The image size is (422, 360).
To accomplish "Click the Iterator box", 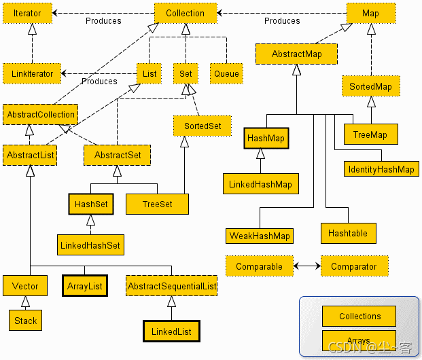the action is pos(27,13).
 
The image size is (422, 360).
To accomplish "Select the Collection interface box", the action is pos(186,13).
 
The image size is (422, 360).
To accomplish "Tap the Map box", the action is pos(371,13).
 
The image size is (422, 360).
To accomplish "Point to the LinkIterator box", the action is pos(32,74).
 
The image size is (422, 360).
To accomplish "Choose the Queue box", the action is pos(226,74).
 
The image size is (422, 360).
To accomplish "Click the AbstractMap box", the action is pos(296,54).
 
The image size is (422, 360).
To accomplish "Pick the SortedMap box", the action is pos(371,86).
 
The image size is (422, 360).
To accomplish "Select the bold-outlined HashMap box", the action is pos(266,139).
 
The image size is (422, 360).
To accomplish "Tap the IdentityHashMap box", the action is pos(381,169).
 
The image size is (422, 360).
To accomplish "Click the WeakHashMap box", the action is pos(260,236).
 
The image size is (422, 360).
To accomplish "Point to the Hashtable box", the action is pos(349,233).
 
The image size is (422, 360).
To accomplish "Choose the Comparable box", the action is pos(260,266).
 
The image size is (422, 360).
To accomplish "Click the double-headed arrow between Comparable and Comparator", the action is pos(307,266).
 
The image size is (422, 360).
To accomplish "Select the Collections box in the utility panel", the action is pos(359,316).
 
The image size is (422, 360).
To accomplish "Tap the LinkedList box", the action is pos(171,331).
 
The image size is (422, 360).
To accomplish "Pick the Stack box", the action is pos(26,320).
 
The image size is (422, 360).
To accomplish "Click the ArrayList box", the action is pos(85,286).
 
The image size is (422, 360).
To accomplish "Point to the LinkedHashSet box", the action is pos(90,245).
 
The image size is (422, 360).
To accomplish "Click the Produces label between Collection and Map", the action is pos(282,21).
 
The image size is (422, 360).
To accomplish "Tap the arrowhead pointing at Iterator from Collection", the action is pos(54,13).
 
